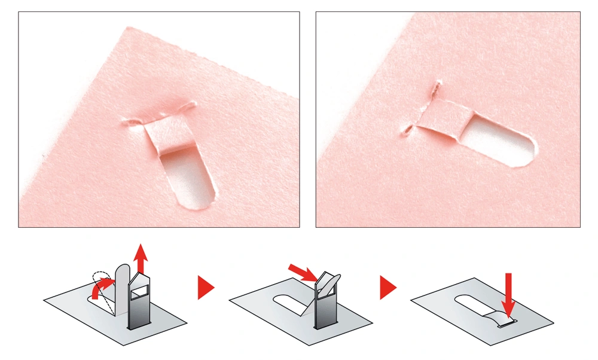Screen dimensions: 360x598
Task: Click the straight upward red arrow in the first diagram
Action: tap(141, 258)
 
